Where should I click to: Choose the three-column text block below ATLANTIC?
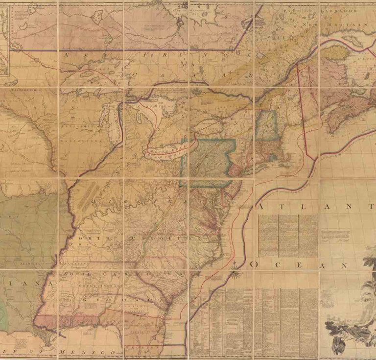(x=287, y=235)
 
